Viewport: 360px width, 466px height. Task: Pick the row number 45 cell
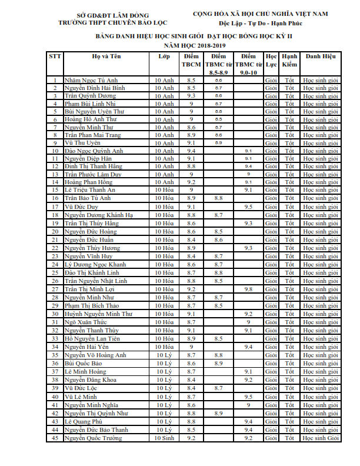click(x=55, y=438)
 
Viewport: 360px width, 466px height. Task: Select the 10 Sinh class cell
click(x=164, y=438)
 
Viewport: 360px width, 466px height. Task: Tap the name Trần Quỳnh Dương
click(x=91, y=95)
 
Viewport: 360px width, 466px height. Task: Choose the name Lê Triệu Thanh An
click(x=90, y=191)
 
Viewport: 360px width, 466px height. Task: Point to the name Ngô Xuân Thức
click(x=86, y=322)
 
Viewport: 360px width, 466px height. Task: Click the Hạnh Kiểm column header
click(x=289, y=60)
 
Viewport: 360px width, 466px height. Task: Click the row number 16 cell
click(x=55, y=198)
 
